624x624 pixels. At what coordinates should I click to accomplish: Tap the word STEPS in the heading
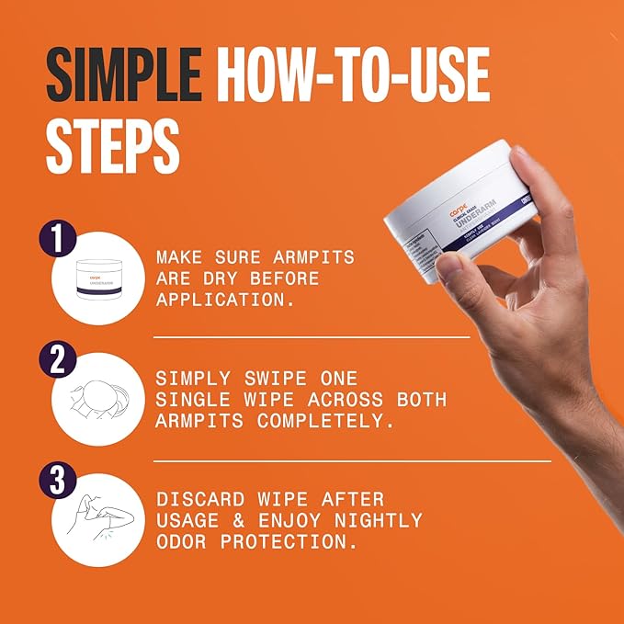click(x=112, y=145)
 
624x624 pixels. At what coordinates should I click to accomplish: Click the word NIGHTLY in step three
click(x=378, y=521)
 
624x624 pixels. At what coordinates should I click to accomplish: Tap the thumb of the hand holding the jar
click(x=455, y=267)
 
